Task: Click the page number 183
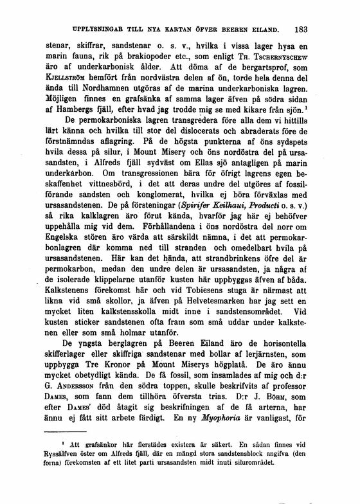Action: [300, 28]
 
